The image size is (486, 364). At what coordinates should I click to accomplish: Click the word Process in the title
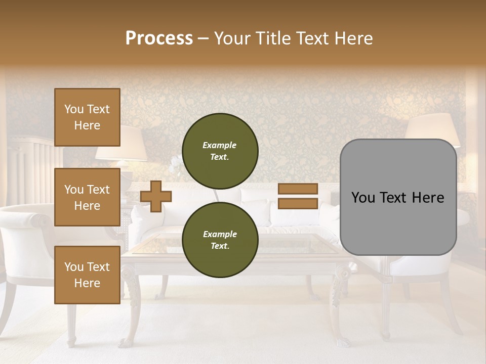tap(159, 38)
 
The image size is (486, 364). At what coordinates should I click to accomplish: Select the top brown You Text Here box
tap(87, 117)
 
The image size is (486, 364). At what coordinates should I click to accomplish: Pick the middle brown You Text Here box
tap(87, 197)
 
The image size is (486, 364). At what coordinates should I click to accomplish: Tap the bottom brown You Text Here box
tap(87, 275)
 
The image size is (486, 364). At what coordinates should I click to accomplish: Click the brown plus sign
tap(156, 196)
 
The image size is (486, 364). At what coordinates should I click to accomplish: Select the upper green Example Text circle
tap(220, 151)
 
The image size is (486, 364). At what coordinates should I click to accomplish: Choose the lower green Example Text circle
tap(220, 240)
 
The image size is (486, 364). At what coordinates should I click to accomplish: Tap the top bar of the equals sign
tap(298, 189)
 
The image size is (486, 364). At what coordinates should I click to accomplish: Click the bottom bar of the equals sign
tap(298, 203)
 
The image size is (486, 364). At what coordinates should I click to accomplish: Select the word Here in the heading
tap(353, 38)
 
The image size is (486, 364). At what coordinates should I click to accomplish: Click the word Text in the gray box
tap(397, 198)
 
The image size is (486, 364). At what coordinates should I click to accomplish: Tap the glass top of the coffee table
tap(283, 246)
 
